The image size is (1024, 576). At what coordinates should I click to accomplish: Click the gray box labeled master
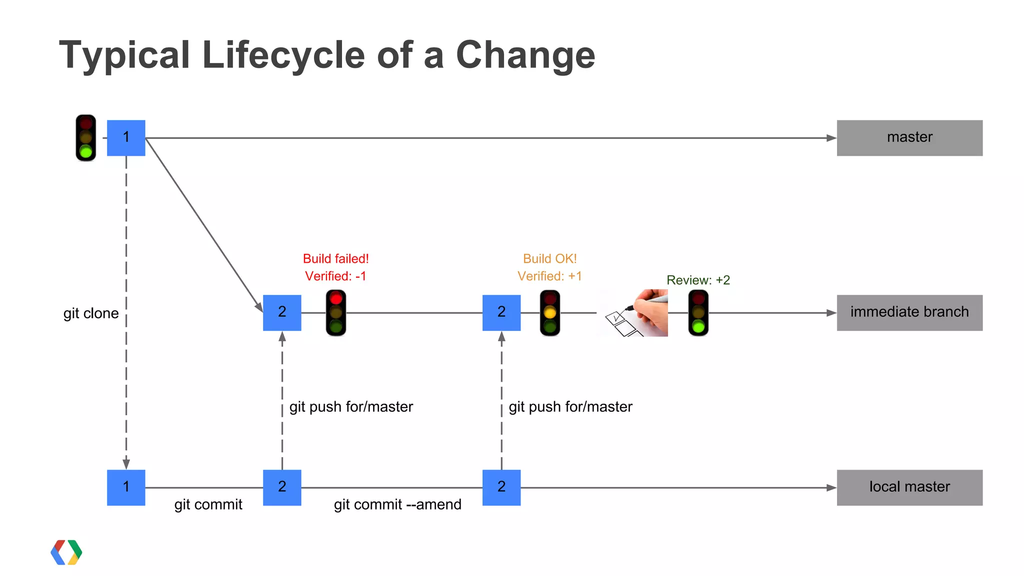(909, 138)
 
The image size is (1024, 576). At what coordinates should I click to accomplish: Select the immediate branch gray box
(909, 313)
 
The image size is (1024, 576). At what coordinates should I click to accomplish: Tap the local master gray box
(909, 488)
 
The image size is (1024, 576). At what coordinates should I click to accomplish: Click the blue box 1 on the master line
(126, 138)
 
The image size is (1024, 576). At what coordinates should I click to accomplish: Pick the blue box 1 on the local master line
(126, 488)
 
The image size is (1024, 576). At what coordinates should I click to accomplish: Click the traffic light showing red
(336, 313)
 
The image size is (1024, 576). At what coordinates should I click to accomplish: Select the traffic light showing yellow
(550, 313)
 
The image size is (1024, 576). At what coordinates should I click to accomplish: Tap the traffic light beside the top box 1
(86, 138)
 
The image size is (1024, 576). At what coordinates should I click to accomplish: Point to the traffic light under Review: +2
(698, 313)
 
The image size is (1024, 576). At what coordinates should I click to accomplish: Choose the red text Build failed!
(335, 259)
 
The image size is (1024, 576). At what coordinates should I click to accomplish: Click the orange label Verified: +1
(549, 276)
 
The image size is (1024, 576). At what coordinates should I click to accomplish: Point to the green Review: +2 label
(698, 280)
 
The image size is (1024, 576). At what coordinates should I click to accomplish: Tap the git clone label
(91, 313)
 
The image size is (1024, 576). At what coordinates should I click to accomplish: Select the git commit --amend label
(397, 505)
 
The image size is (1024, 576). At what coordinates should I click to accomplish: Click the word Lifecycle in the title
(283, 55)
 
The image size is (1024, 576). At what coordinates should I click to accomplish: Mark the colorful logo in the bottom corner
(66, 553)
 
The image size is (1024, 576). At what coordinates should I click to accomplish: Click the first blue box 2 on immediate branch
(282, 313)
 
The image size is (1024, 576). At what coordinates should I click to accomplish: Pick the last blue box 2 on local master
(501, 488)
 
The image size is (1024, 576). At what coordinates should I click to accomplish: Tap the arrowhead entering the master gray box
(831, 138)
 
